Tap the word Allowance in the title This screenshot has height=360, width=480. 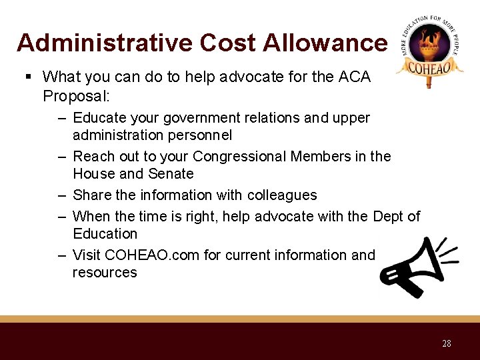325,43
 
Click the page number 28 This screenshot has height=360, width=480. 446,343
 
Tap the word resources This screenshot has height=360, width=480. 105,272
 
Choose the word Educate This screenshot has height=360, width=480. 99,118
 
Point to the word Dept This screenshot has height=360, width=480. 389,216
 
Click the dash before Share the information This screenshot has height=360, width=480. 61,195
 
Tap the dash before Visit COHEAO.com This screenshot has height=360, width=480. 61,255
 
